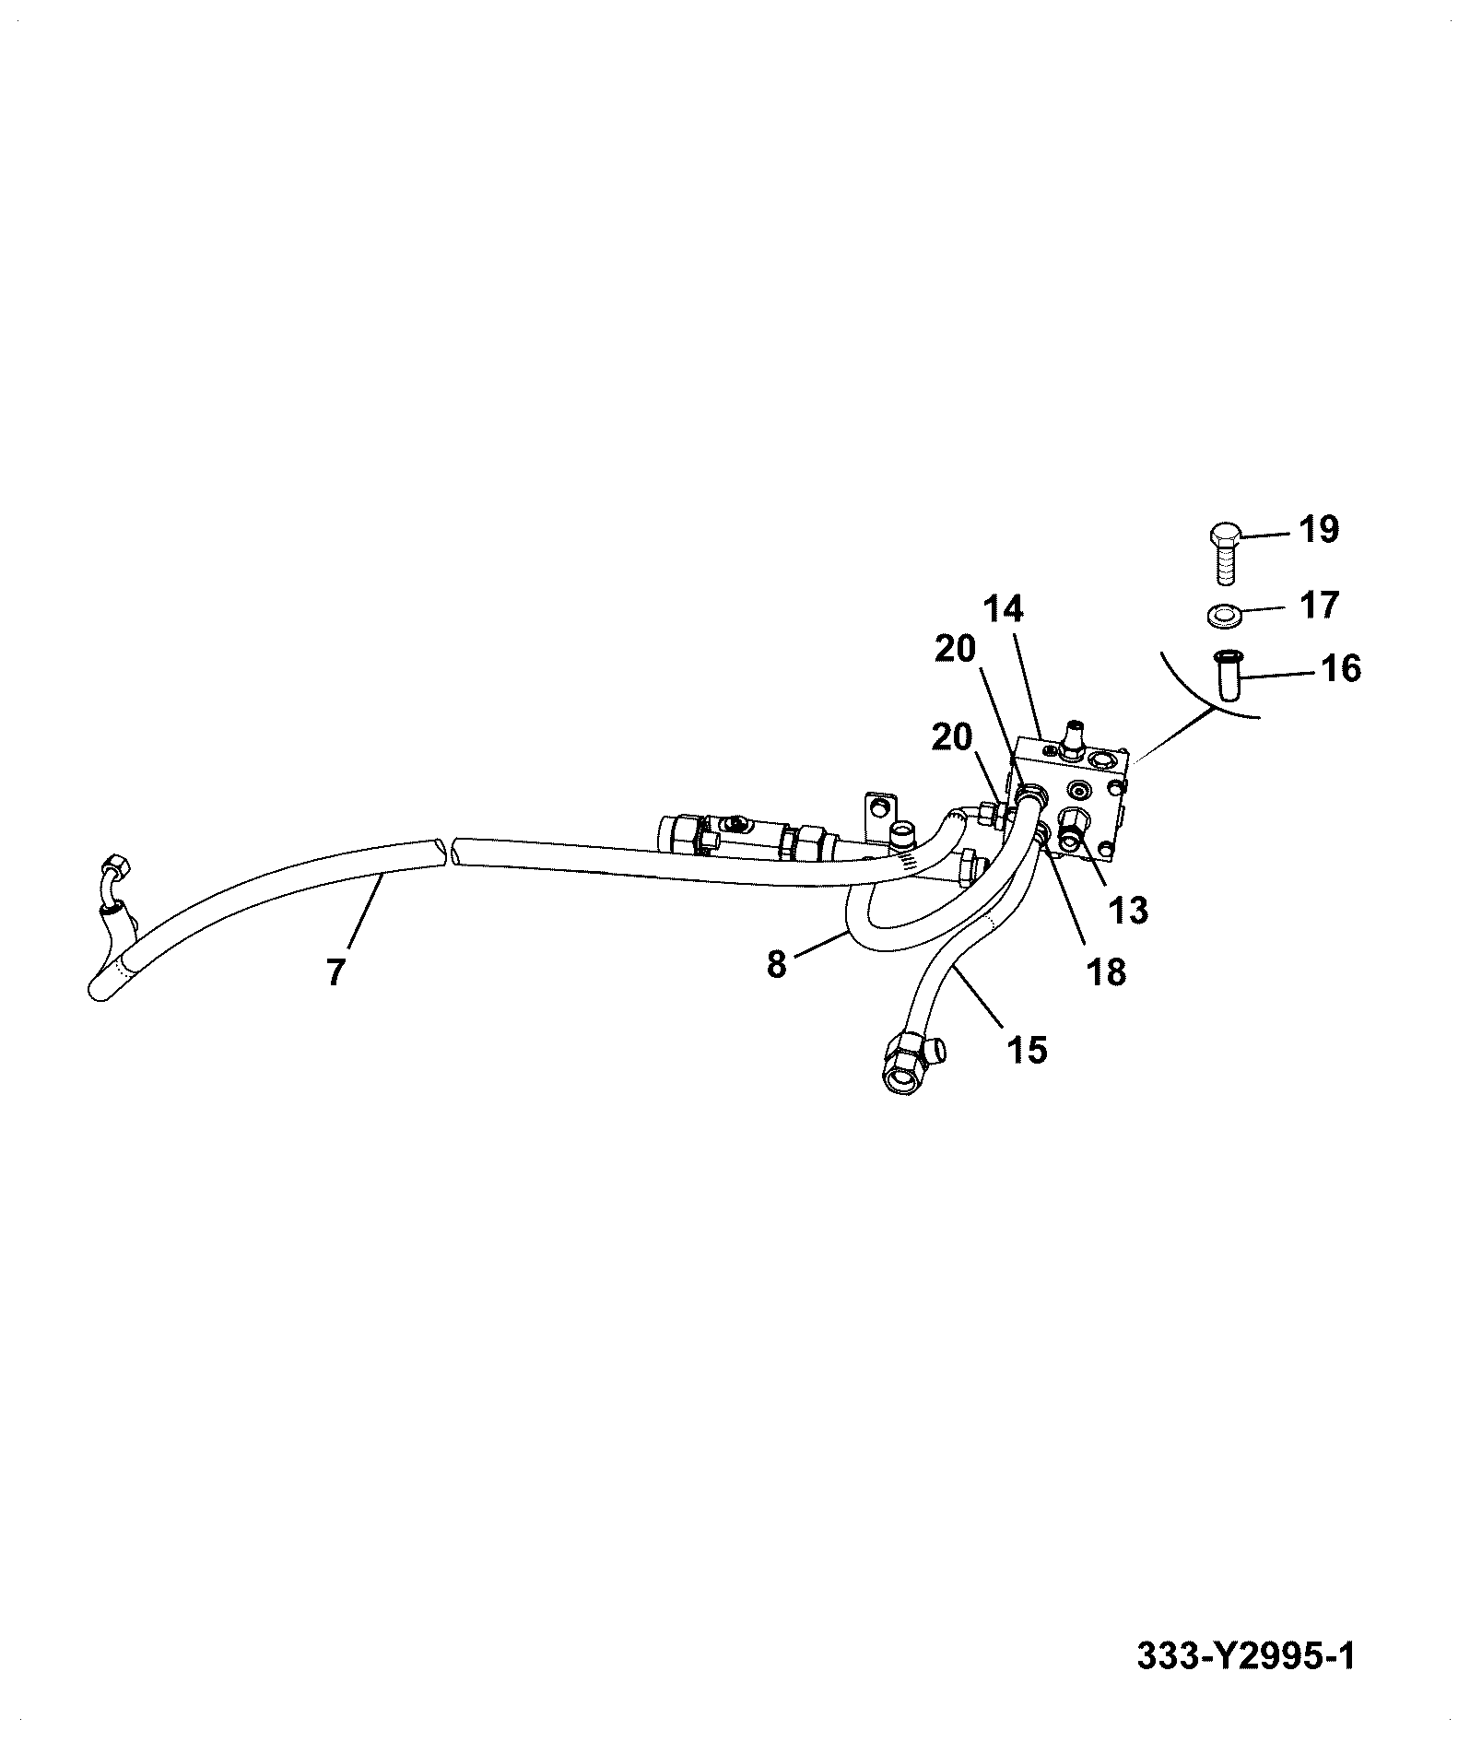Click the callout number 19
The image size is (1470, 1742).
click(x=1319, y=530)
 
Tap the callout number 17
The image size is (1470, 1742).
click(x=1319, y=606)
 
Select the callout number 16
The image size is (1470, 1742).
click(x=1341, y=668)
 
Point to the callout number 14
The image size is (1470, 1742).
click(x=1003, y=610)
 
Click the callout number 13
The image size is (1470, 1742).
click(x=1129, y=911)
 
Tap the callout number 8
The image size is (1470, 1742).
click(x=776, y=965)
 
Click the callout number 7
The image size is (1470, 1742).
click(x=335, y=973)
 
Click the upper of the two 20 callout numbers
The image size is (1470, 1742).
click(x=955, y=651)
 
